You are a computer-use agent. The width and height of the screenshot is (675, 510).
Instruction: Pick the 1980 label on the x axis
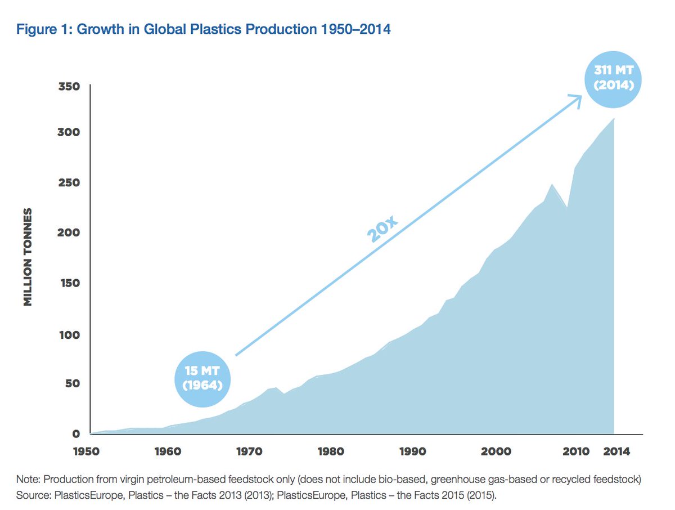coord(331,451)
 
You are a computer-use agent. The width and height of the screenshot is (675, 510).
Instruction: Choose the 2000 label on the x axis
coord(495,451)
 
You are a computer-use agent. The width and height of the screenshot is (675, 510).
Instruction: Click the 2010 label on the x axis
coord(576,451)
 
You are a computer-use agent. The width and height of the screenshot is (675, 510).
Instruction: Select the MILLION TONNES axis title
coord(26,257)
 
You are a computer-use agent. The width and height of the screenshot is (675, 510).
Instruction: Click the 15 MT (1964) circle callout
coord(203,379)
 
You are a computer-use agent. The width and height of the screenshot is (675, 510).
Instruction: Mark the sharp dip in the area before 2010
coord(567,207)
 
